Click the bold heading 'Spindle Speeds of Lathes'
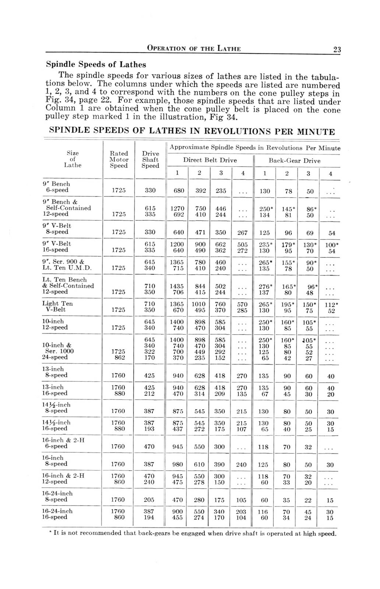[x=96, y=65]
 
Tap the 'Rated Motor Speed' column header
[x=119, y=159]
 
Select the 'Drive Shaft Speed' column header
[x=150, y=159]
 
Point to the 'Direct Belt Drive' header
[x=210, y=161]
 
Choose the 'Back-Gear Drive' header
[x=294, y=161]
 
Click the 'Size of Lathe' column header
[x=73, y=159]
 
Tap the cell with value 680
[x=178, y=191]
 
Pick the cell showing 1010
[x=199, y=304]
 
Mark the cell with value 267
[x=242, y=233]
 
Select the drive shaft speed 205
[x=149, y=500]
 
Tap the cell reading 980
[x=177, y=465]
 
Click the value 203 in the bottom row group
[x=242, y=512]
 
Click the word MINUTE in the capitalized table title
[x=317, y=132]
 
